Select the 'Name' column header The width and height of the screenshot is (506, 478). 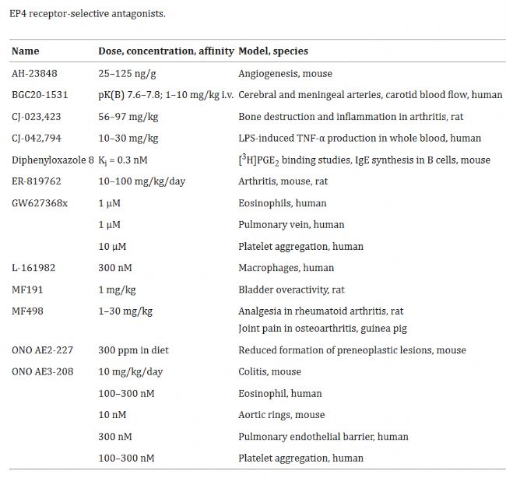(25, 51)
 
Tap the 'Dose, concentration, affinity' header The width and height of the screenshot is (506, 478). (166, 51)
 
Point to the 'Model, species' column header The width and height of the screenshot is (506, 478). (272, 51)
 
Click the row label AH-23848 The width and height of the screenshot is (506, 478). (34, 73)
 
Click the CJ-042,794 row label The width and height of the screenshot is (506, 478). (40, 139)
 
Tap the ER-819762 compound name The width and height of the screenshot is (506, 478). (37, 181)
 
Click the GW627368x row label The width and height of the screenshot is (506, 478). (41, 203)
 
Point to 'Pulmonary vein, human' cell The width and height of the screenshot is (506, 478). (290, 225)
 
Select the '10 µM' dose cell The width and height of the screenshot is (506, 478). (113, 247)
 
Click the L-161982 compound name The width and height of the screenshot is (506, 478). (33, 268)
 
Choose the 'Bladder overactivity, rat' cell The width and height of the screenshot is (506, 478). (291, 290)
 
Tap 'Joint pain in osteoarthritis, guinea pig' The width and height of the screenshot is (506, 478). (322, 329)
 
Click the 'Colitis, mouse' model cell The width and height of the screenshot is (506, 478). (269, 372)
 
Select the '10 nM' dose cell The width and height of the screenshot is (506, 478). (112, 415)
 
